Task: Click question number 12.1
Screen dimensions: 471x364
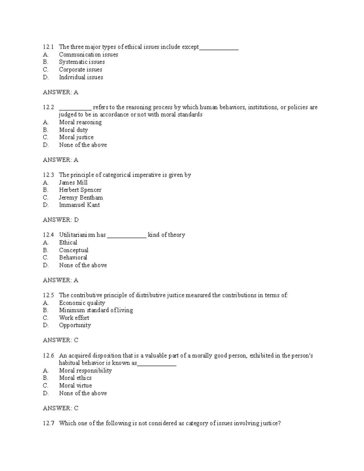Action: [48, 47]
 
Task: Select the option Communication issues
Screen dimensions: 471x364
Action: [88, 55]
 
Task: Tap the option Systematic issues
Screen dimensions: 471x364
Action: [82, 62]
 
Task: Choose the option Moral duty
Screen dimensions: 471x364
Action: [73, 130]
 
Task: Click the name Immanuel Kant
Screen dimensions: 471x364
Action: [79, 205]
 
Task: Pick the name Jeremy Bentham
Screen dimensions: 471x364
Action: [81, 197]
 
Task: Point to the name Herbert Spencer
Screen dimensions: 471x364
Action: [80, 190]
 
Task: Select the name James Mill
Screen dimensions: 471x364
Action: [73, 183]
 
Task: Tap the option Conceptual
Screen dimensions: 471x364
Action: [73, 250]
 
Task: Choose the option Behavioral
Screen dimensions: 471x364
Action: [73, 257]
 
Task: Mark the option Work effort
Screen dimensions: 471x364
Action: [74, 318]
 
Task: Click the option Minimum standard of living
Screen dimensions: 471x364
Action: [96, 310]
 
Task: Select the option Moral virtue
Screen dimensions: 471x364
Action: [75, 385]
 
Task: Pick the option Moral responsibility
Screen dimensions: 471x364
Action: [85, 371]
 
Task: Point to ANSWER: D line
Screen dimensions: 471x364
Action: [61, 220]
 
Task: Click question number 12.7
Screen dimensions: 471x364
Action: [48, 423]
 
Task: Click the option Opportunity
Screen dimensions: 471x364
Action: [75, 325]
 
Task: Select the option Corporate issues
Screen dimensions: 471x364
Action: [80, 69]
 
